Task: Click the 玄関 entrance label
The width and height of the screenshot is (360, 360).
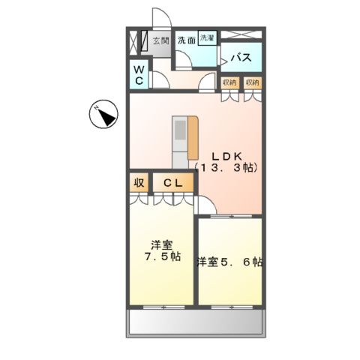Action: [160, 40]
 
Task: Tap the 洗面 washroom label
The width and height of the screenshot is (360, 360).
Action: [186, 40]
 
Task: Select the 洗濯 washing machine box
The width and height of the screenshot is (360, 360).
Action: [207, 37]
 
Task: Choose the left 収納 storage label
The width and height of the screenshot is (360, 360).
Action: [229, 82]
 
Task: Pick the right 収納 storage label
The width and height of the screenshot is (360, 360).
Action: [252, 82]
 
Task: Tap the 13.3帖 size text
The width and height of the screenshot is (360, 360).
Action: [224, 169]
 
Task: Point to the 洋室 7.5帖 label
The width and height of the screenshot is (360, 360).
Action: [161, 250]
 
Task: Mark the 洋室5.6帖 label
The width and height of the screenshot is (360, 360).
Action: [229, 262]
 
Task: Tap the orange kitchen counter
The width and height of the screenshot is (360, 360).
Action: [193, 139]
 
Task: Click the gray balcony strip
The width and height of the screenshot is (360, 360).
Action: [196, 322]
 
